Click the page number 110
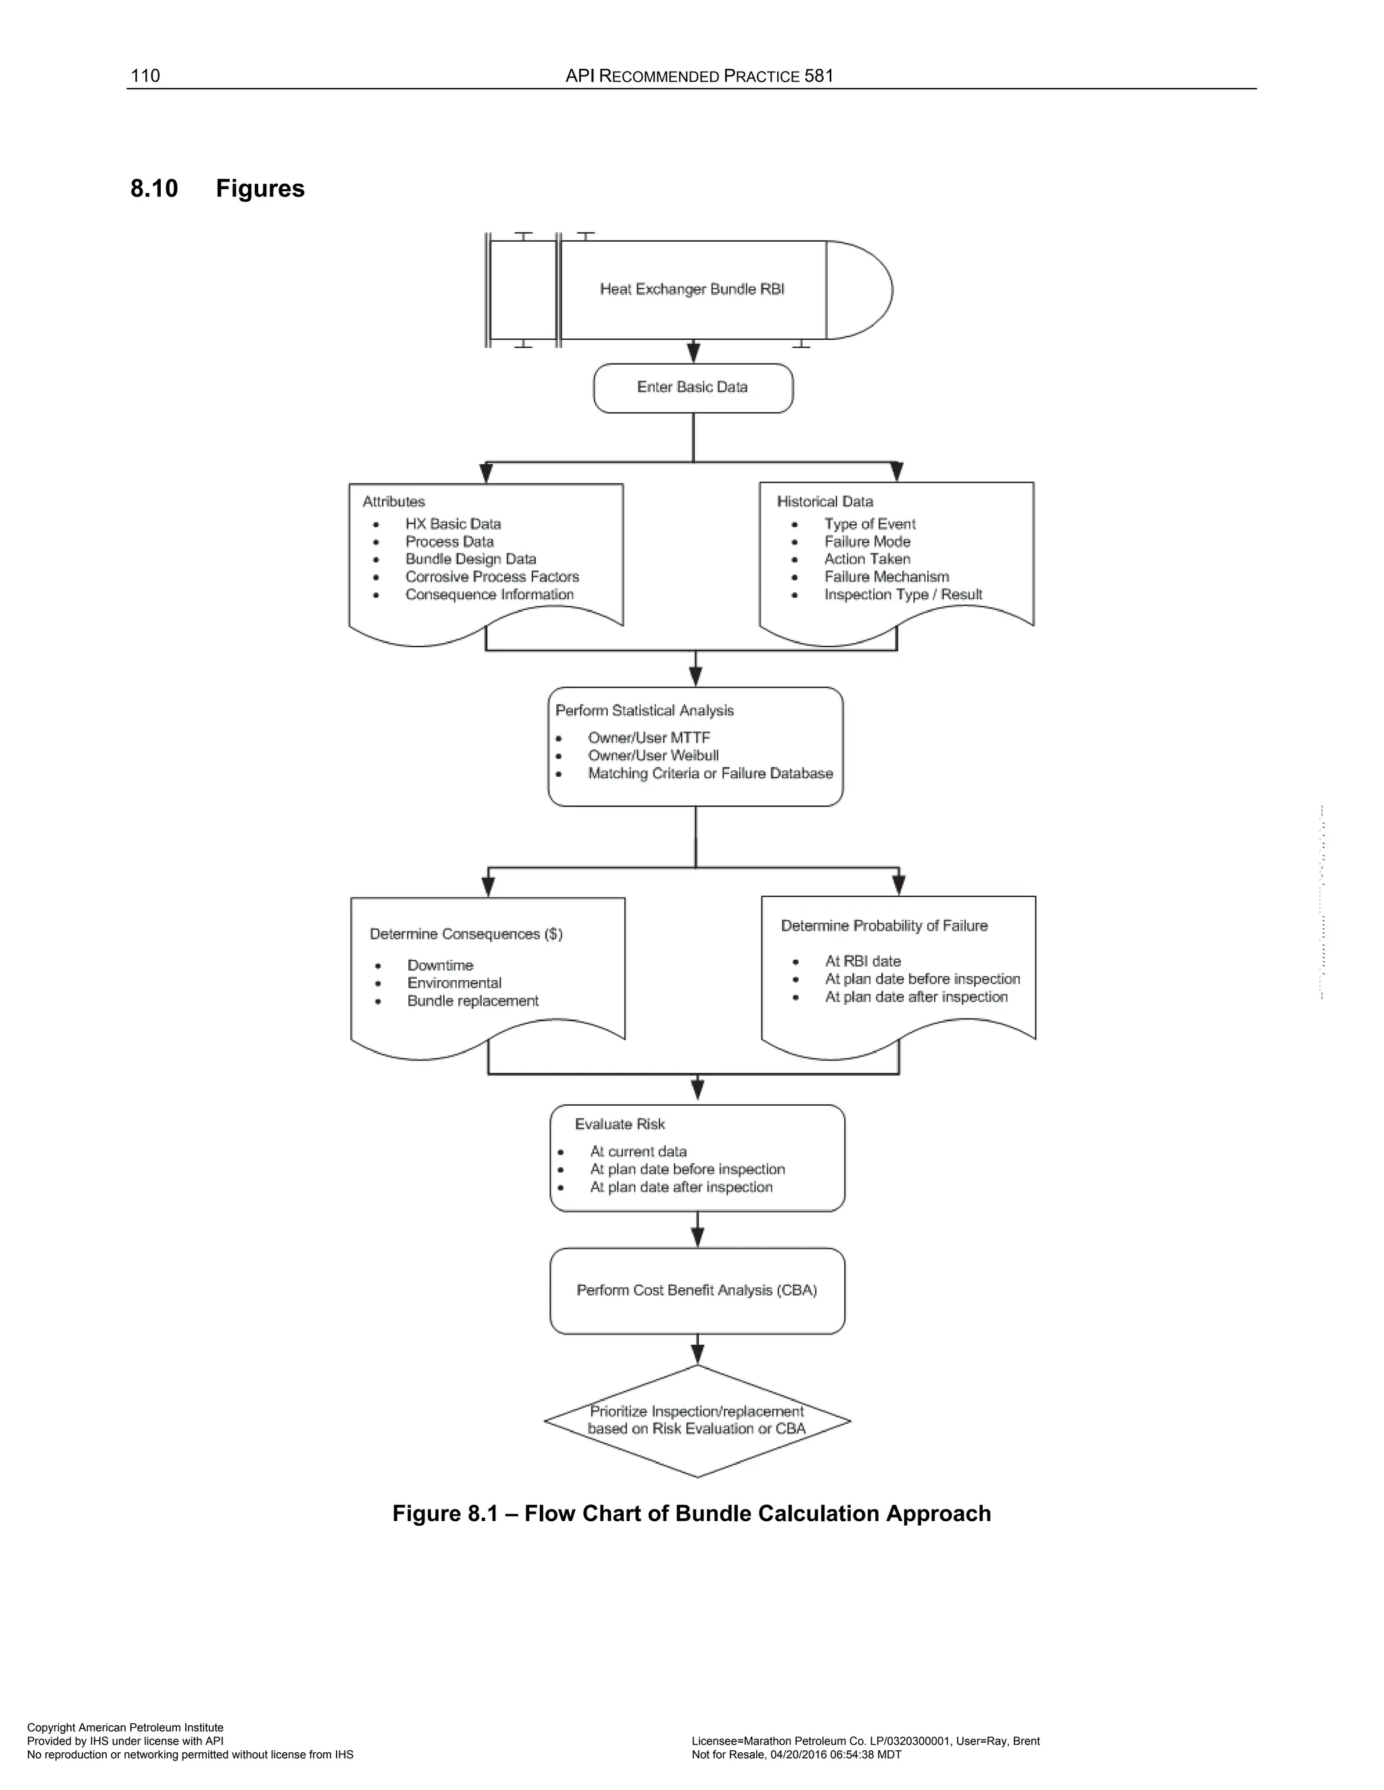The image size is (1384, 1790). click(x=145, y=76)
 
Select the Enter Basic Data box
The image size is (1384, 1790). click(x=693, y=388)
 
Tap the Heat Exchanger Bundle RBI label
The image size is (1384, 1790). click(x=692, y=289)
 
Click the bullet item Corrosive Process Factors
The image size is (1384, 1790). click(x=492, y=577)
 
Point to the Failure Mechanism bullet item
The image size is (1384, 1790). click(x=887, y=577)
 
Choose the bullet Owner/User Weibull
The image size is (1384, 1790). click(x=653, y=756)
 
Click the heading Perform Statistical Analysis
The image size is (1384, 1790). click(x=645, y=711)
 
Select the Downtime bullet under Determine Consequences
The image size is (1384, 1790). click(x=441, y=965)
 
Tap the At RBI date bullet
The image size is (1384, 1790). click(x=862, y=961)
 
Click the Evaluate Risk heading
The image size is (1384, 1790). click(x=620, y=1125)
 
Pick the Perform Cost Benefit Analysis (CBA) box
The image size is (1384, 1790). click(x=697, y=1291)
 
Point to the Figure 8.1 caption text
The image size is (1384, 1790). click(x=691, y=1514)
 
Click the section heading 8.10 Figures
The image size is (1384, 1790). click(x=218, y=188)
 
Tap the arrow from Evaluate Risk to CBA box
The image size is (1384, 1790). click(x=697, y=1230)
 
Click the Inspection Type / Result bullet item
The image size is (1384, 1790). click(x=903, y=595)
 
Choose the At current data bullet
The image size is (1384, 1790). click(x=638, y=1152)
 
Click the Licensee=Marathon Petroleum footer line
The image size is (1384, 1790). click(x=865, y=1741)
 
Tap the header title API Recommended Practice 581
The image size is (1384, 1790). click(x=699, y=76)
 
